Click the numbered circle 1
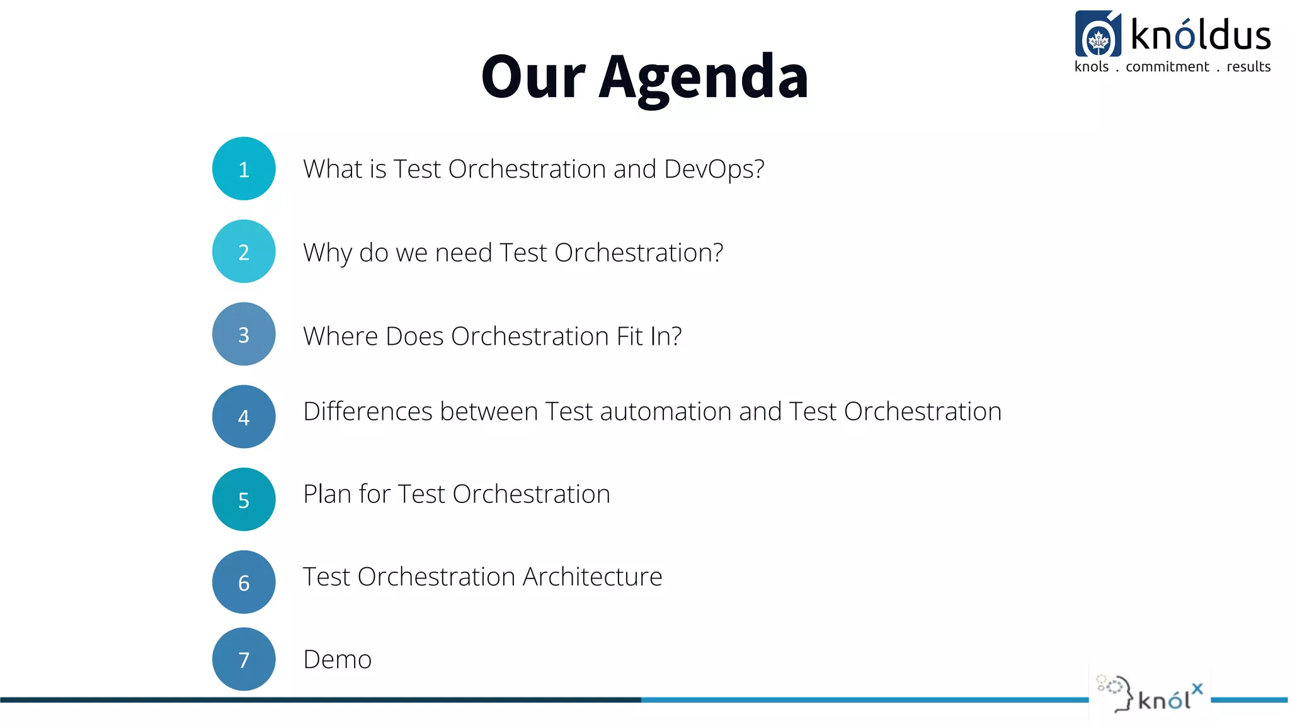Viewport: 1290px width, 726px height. (244, 169)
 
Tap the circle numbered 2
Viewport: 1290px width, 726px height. (244, 251)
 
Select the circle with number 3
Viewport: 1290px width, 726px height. (244, 334)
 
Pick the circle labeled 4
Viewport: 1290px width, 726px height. (244, 417)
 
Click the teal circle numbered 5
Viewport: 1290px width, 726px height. (244, 499)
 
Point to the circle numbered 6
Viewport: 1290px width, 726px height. (244, 582)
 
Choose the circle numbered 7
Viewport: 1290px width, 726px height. (244, 659)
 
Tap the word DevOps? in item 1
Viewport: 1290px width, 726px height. (714, 169)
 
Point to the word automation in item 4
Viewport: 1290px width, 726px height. (666, 412)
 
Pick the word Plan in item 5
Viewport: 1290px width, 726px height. (327, 494)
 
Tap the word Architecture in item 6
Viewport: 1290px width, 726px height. (592, 577)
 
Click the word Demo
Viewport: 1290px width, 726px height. (338, 660)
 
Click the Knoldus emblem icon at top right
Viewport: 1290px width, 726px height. (1098, 35)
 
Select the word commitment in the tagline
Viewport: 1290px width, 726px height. (1167, 67)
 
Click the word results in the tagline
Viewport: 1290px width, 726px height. (1248, 67)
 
